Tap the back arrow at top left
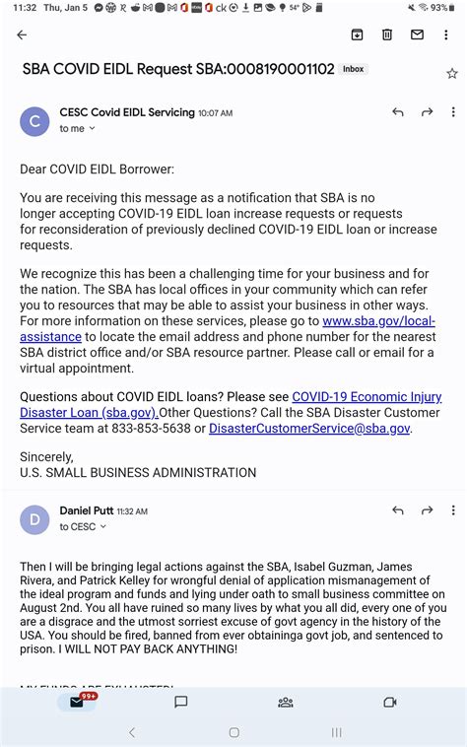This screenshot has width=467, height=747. click(22, 35)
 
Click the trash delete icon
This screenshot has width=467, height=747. click(387, 35)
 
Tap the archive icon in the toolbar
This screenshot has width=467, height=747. click(357, 35)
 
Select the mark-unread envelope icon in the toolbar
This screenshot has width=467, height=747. click(417, 35)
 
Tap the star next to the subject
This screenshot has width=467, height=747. click(452, 73)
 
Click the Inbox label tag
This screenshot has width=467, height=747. click(353, 70)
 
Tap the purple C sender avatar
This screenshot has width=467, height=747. click(34, 121)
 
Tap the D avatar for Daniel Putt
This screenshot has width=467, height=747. click(34, 519)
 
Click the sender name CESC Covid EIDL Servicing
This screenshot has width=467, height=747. click(127, 112)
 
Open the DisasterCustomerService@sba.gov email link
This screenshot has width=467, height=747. click(309, 429)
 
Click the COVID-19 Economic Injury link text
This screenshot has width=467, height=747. click(367, 397)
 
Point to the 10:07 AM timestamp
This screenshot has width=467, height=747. click(216, 113)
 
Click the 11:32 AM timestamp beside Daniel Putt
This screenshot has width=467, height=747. click(132, 511)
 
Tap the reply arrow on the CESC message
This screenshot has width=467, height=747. click(398, 112)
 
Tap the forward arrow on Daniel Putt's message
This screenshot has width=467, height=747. click(428, 510)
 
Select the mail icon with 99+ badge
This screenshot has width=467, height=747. click(77, 702)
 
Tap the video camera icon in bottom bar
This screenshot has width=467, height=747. click(389, 702)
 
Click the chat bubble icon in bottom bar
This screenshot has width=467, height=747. click(181, 702)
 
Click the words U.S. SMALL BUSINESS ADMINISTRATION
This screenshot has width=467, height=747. click(138, 473)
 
